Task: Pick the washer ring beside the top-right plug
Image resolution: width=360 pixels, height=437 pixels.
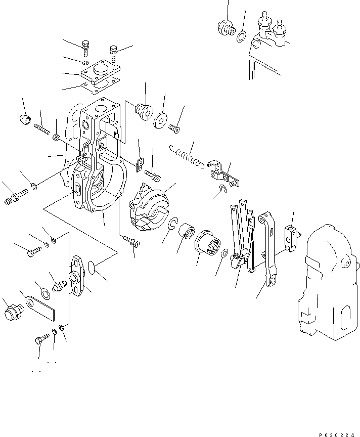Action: [241, 35]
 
